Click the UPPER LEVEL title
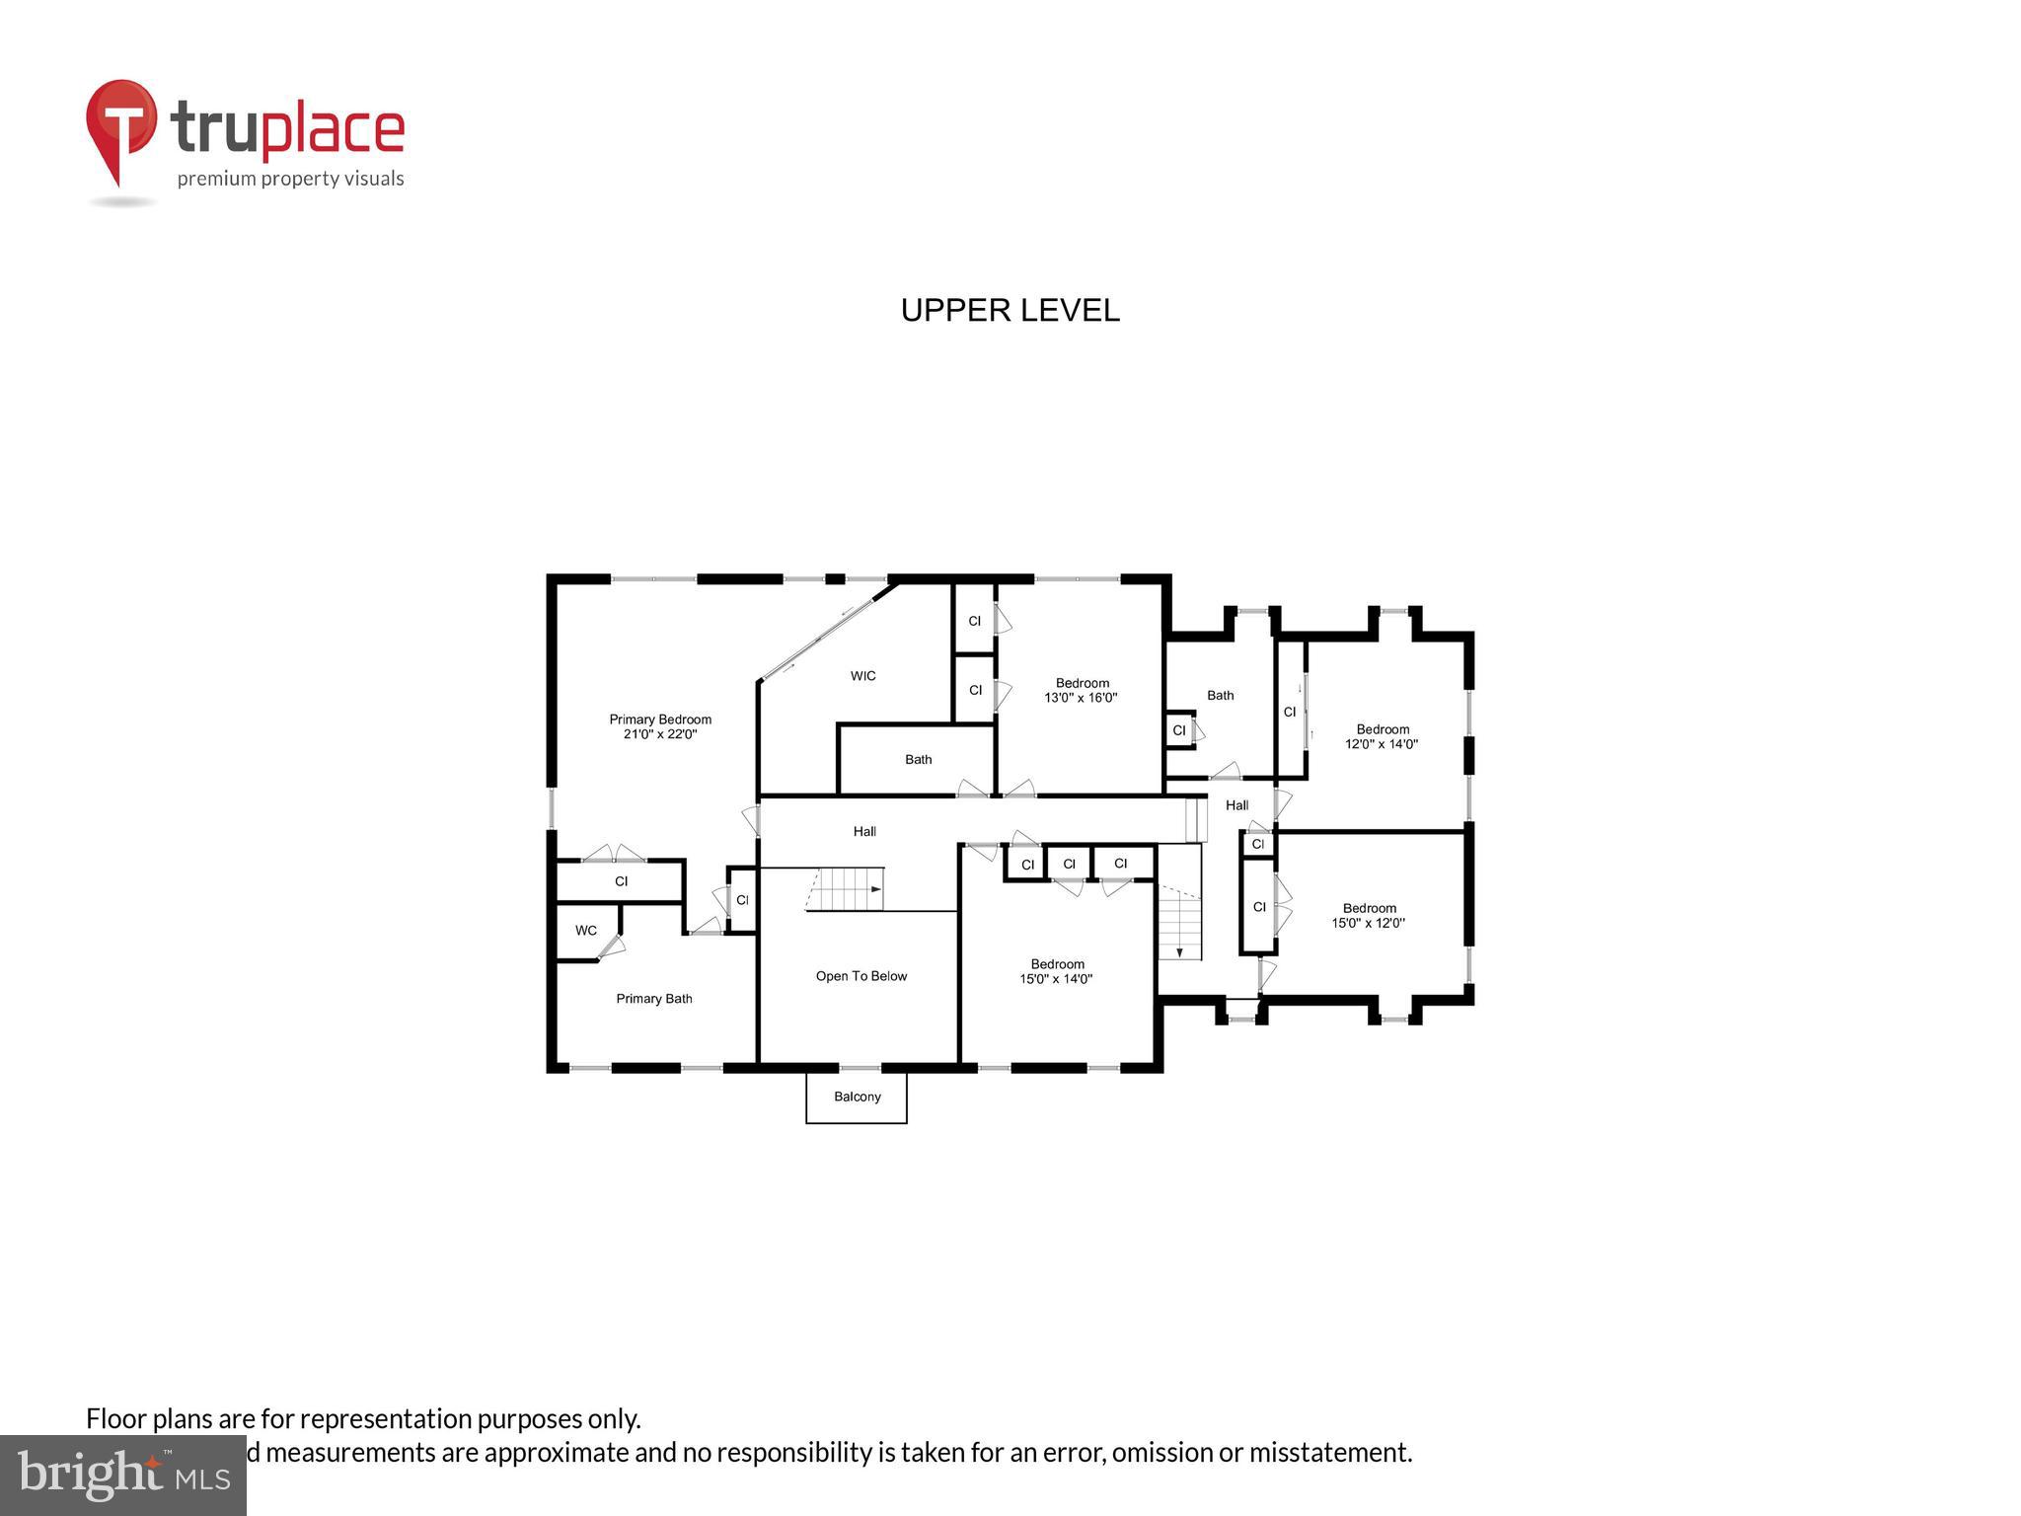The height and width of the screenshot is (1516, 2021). [x=1010, y=311]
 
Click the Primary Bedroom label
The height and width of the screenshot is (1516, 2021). [x=660, y=720]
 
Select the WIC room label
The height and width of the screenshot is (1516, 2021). [x=862, y=676]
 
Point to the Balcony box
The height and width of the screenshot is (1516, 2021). [x=857, y=1097]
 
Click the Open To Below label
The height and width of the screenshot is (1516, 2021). [x=861, y=976]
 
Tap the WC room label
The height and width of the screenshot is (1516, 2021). [x=586, y=931]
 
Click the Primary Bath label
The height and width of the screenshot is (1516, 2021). [x=653, y=999]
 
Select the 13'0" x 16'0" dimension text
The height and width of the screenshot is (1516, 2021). [x=1081, y=698]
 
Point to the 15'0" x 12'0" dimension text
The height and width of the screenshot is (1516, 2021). [x=1368, y=923]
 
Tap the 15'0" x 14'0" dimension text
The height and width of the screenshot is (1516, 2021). [x=1056, y=979]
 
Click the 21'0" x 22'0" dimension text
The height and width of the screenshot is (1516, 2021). [x=660, y=734]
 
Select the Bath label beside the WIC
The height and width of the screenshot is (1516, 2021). [x=918, y=759]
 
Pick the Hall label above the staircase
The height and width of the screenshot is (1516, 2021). [x=864, y=832]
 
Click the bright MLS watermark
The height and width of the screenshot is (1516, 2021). [x=123, y=1475]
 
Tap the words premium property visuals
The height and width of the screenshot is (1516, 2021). [x=290, y=179]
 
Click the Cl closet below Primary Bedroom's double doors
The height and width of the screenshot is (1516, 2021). [x=621, y=881]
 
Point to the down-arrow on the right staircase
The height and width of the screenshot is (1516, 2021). [x=1179, y=951]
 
